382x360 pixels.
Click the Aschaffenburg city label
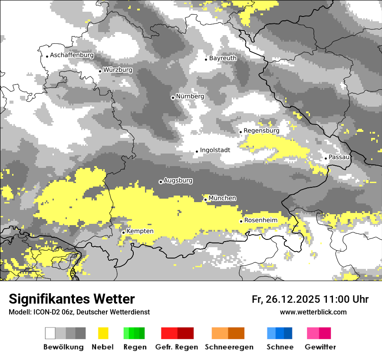72,56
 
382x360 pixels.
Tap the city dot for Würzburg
100,71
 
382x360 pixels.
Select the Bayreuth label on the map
223,58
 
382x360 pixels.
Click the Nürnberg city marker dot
173,98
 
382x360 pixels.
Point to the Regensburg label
261,131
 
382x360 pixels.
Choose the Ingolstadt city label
215,150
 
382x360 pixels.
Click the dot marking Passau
326,158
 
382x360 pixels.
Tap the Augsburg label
178,180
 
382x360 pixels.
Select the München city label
222,198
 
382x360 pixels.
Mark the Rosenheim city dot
241,221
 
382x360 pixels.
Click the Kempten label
140,231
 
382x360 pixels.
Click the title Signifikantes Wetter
72,299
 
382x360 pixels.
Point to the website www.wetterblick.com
313,312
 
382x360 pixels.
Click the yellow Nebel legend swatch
103,333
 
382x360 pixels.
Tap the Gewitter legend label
320,347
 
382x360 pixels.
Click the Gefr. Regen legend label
177,347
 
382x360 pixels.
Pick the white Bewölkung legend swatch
50,333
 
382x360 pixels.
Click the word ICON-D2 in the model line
44,312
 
